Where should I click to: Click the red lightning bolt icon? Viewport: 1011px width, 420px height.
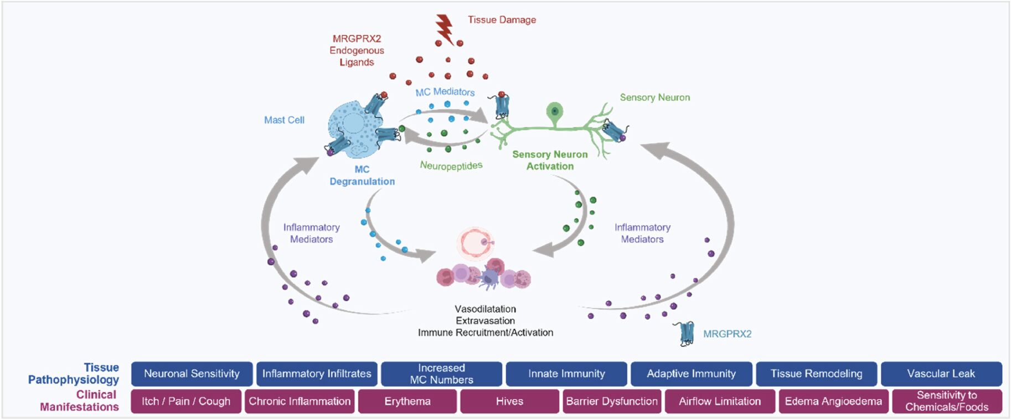coord(444,28)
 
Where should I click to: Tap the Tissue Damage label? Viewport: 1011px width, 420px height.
coord(502,20)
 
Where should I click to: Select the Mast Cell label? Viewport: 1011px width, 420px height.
coord(284,120)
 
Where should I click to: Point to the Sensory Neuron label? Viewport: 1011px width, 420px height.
coord(654,97)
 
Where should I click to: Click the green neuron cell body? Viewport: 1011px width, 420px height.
coord(554,111)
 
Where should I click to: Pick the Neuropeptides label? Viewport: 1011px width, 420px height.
coord(451,165)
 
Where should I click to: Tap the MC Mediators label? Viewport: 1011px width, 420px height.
coord(445,92)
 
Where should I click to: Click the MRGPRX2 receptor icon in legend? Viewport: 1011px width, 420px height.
coord(687,334)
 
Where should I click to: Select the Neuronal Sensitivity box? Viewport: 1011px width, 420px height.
coord(192,374)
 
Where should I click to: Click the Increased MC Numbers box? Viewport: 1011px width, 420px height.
coord(441,374)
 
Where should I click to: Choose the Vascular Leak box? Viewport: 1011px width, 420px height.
coord(941,374)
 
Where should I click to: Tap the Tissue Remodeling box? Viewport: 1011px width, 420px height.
coord(816,374)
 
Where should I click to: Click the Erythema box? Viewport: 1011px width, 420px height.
coord(407,401)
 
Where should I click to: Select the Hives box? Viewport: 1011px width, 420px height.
coord(509,401)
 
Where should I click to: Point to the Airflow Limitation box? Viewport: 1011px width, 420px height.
coord(719,401)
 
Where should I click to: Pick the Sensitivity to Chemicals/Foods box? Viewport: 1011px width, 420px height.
coord(946,401)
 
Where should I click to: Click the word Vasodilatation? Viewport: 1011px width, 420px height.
coord(485,309)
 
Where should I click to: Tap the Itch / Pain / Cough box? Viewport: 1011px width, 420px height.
coord(186,401)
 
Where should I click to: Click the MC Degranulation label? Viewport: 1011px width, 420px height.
coord(362,175)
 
